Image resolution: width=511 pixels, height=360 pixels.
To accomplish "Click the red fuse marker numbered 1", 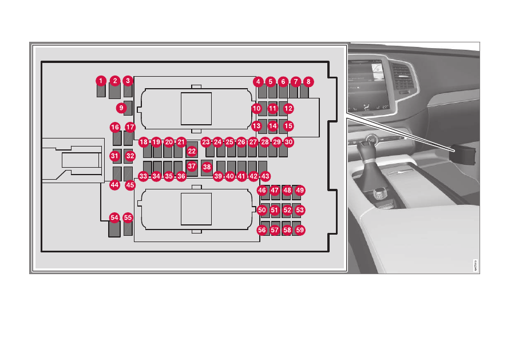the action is [101, 81].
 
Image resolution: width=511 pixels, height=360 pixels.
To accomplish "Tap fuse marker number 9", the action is [121, 108].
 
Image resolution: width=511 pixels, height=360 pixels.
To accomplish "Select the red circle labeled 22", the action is [192, 151].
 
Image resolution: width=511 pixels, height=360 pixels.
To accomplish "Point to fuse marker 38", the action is [207, 167].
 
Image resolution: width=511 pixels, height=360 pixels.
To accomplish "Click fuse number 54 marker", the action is [114, 217].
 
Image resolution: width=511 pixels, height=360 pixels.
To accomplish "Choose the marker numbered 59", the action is [300, 230].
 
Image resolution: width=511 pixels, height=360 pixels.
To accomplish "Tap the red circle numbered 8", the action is [308, 81].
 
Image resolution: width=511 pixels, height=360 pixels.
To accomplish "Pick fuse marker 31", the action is [114, 156].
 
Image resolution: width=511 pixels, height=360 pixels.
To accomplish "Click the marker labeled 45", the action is [130, 185].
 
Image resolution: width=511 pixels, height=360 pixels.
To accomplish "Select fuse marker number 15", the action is [288, 126].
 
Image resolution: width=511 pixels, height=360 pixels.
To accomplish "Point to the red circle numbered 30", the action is [288, 142].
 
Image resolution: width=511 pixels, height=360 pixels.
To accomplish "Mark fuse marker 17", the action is [130, 127].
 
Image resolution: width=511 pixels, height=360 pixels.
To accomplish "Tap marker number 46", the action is [262, 191].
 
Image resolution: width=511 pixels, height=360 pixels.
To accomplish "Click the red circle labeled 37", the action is [192, 167].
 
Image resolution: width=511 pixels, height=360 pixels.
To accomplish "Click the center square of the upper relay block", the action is [196, 109].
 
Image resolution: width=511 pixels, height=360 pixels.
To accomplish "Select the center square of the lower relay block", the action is [196, 209].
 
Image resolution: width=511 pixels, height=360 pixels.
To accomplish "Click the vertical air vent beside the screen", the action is [401, 77].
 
